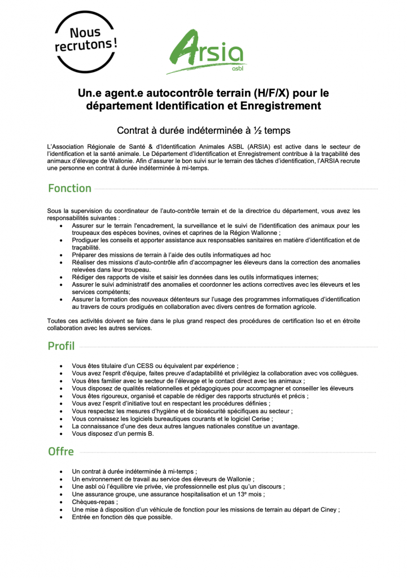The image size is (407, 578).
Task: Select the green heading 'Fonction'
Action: click(69, 189)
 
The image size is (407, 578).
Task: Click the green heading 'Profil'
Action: click(61, 346)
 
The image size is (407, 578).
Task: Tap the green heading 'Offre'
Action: click(60, 452)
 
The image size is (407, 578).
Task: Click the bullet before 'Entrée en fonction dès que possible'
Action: click(61, 517)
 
